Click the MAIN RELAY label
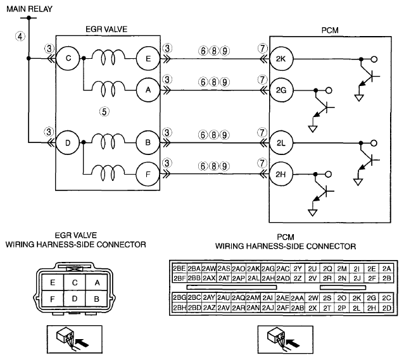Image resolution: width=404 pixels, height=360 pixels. tap(29, 9)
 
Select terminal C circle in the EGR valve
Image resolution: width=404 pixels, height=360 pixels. tap(68, 58)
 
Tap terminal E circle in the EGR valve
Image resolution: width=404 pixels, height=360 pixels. tap(148, 59)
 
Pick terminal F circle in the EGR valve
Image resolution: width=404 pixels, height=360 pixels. tap(148, 175)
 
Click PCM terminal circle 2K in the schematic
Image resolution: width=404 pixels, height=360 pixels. tap(281, 59)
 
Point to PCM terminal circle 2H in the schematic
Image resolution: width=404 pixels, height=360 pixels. tap(281, 175)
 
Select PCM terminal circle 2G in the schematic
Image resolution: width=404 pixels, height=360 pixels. tap(281, 90)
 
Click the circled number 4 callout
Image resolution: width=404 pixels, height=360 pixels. tap(20, 36)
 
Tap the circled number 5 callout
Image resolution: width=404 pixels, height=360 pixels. tap(104, 112)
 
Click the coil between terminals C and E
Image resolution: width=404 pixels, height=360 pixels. tap(108, 58)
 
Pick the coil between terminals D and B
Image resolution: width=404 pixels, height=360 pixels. tap(108, 142)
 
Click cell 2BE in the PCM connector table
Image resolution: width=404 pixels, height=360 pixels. tap(179, 269)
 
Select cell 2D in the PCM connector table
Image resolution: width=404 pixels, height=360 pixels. tap(386, 308)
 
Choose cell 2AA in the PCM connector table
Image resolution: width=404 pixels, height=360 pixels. tap(298, 298)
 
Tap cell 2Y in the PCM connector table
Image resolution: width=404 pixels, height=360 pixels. tap(298, 269)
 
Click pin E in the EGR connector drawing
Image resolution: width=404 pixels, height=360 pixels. tap(53, 282)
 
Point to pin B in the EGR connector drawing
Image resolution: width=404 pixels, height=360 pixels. tap(97, 299)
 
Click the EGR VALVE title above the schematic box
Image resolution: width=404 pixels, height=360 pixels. tap(106, 29)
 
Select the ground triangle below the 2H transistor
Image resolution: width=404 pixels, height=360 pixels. tap(313, 213)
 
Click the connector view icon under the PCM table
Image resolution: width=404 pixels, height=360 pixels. tap(286, 340)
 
